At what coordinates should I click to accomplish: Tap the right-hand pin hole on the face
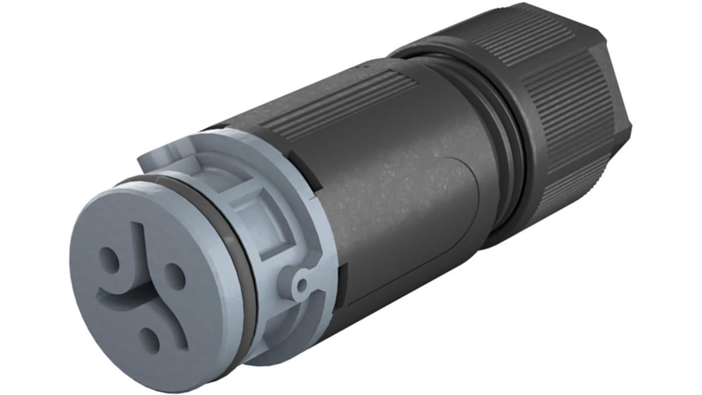[174, 276]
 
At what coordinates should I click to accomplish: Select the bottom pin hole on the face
[149, 340]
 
